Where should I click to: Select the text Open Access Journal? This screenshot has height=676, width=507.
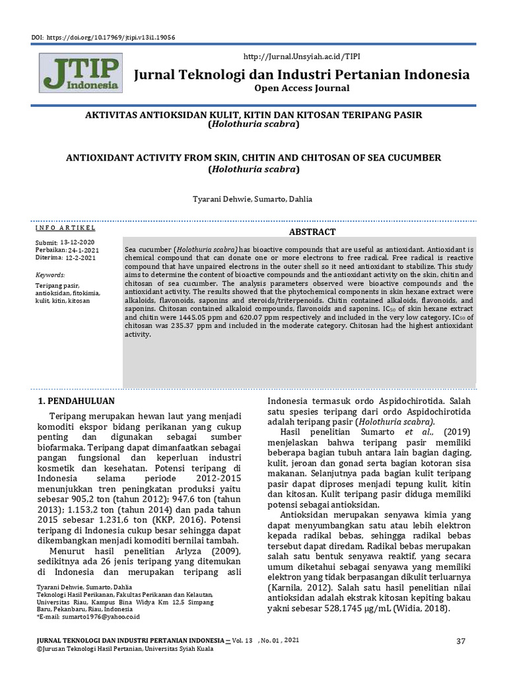(x=303, y=88)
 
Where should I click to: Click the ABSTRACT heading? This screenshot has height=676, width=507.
(x=313, y=232)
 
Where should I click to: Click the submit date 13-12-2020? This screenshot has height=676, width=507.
(x=77, y=242)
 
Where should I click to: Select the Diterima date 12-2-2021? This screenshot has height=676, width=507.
(x=79, y=257)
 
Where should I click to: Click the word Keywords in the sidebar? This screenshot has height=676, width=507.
(x=50, y=274)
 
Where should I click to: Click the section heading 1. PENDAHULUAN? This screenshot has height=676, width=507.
(x=76, y=401)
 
